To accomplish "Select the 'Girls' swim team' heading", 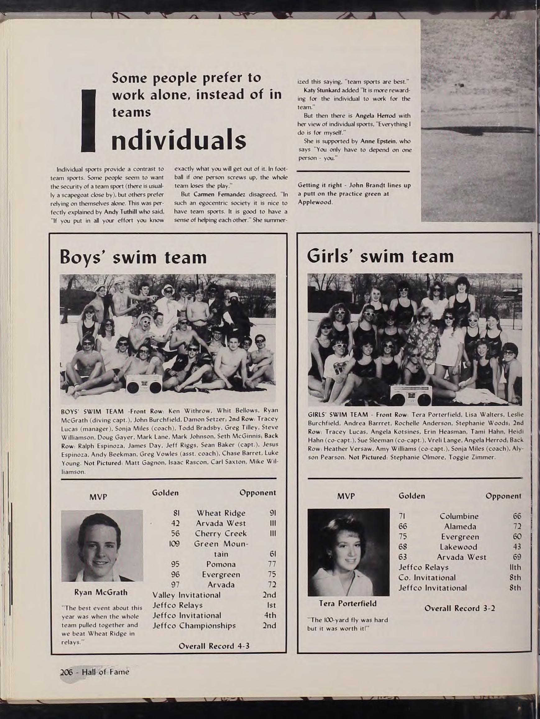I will click(380, 256).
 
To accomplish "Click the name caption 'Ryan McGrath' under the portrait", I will click(101, 592).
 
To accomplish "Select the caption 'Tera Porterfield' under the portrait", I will click(348, 603).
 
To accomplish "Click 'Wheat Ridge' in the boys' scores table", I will click(221, 513).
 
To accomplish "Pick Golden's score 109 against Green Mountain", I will click(174, 543).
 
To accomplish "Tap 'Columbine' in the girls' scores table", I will click(459, 516).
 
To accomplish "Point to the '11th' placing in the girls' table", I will click(515, 567).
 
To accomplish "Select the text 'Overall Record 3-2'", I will click(460, 608).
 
